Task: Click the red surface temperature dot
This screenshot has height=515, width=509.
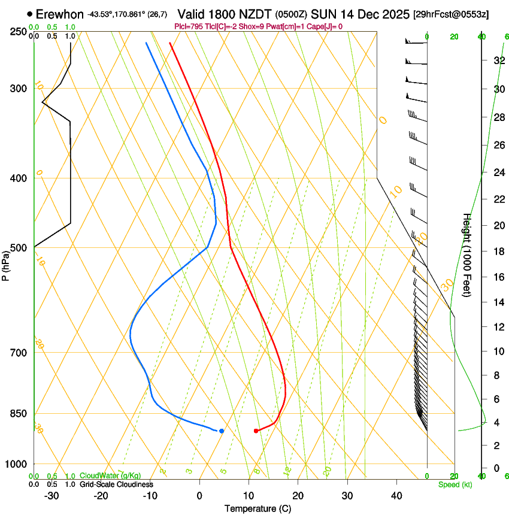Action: pyautogui.click(x=256, y=431)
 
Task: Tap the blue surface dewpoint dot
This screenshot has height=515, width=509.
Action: pyautogui.click(x=222, y=431)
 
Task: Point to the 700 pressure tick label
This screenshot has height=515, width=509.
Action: pyautogui.click(x=20, y=353)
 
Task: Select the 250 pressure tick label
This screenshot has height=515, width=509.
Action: pyautogui.click(x=20, y=31)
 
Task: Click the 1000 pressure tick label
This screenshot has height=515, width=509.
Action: pyautogui.click(x=17, y=464)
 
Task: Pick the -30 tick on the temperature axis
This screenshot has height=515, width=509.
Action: pyautogui.click(x=51, y=496)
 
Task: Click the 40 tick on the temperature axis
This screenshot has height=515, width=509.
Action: pyautogui.click(x=396, y=496)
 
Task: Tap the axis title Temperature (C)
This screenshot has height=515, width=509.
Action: pyautogui.click(x=257, y=509)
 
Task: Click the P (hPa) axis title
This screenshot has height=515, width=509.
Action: pyautogui.click(x=6, y=263)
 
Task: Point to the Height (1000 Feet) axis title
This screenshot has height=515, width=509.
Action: pyautogui.click(x=467, y=255)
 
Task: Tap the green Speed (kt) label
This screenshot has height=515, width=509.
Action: pyautogui.click(x=455, y=484)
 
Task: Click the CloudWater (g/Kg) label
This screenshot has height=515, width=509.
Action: pyautogui.click(x=111, y=476)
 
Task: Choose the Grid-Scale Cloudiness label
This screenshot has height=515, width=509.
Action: pyautogui.click(x=116, y=484)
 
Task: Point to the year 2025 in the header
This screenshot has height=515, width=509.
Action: pyautogui.click(x=395, y=14)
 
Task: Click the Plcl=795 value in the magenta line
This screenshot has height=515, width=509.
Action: pyautogui.click(x=187, y=26)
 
